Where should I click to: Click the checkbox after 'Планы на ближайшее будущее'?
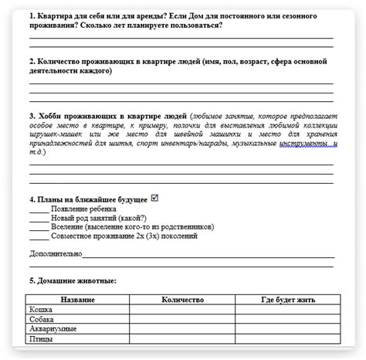click(155, 198)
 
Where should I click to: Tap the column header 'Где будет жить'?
click(287, 299)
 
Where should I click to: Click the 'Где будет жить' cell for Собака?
click(287, 318)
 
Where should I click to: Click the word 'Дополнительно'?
click(54, 253)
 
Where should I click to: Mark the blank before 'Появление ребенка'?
click(38, 209)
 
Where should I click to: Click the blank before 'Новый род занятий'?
click(38, 219)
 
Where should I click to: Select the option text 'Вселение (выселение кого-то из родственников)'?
click(132, 228)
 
